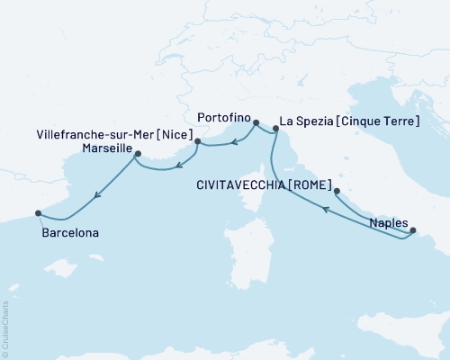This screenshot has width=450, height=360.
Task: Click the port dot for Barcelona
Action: [38, 213]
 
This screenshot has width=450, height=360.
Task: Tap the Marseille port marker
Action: [137, 154]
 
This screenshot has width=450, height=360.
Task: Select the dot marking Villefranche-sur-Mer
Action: [197, 141]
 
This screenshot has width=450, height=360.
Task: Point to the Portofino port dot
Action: [256, 122]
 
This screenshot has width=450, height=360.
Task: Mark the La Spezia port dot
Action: [274, 131]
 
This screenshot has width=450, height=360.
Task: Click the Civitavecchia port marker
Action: [337, 191]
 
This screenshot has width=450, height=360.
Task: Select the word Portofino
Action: [221, 116]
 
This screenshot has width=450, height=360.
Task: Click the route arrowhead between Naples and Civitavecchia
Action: [327, 210]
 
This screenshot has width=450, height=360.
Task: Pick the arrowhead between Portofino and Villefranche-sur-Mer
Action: [232, 141]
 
